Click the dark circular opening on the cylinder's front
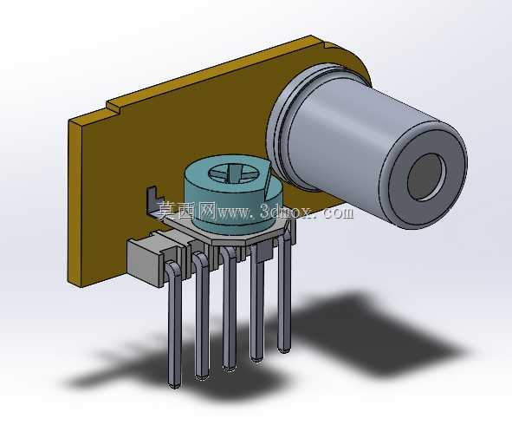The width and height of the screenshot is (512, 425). click(x=426, y=177)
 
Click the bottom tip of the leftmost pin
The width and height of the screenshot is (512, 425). click(x=174, y=386)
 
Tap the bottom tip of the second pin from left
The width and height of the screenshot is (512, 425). click(x=202, y=377)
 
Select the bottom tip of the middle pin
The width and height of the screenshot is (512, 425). click(x=229, y=368)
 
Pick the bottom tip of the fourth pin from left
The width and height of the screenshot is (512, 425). click(x=256, y=359)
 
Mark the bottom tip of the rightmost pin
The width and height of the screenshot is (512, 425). click(x=283, y=350)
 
